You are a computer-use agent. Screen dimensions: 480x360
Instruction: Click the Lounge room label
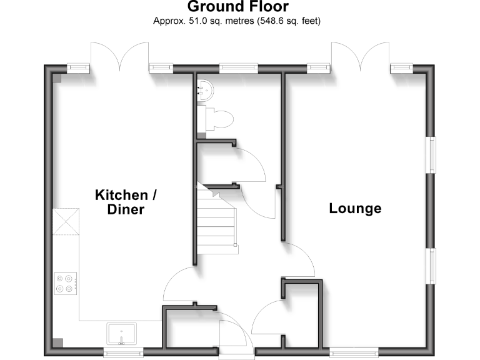coord(355,209)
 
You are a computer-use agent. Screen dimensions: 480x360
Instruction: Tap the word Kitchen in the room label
coord(121,195)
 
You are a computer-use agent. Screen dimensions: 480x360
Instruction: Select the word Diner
coord(126,210)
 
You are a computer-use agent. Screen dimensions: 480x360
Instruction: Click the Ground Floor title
coord(238,6)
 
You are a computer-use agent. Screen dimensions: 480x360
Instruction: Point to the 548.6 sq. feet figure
coord(289,21)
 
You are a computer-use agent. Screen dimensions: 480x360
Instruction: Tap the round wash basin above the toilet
coord(205,90)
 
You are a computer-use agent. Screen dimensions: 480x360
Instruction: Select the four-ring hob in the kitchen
coord(66,284)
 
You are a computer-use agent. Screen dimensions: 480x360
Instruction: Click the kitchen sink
coord(121,334)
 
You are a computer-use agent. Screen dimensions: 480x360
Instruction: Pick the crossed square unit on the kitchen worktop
coord(66,222)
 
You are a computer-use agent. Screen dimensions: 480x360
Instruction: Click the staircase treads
coord(216,221)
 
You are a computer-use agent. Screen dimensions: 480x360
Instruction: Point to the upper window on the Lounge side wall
coord(431,155)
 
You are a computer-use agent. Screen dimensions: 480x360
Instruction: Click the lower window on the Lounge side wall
coord(431,266)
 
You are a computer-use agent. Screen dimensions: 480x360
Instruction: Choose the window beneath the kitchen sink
coord(123,352)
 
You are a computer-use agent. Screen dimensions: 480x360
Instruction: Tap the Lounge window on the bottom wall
coord(354,352)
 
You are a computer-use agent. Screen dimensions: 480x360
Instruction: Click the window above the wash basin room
coord(239,68)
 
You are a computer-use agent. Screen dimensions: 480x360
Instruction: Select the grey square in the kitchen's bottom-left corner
coord(58,342)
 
